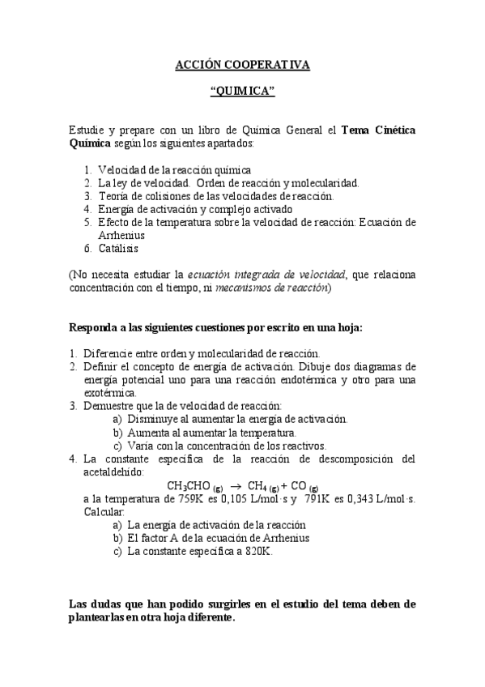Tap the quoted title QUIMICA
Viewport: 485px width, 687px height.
coord(242,92)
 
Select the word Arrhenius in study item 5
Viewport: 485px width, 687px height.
coord(121,235)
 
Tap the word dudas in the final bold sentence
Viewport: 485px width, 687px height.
coord(106,604)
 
